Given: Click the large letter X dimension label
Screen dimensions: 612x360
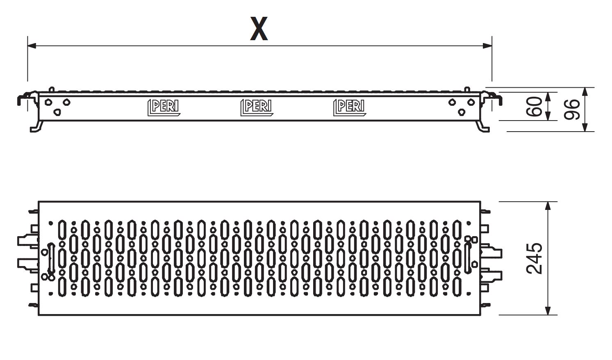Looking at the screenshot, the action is tap(259, 29).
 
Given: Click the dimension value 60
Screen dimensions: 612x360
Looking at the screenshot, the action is tap(534, 106).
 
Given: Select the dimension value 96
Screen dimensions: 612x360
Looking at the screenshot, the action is tap(571, 109).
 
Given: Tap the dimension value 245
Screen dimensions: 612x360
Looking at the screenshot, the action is tap(534, 258).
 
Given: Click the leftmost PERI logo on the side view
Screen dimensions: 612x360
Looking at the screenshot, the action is tap(164, 108).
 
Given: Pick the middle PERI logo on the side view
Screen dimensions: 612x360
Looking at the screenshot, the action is tap(257, 108).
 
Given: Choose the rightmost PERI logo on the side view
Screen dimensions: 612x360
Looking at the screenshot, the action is tap(349, 108).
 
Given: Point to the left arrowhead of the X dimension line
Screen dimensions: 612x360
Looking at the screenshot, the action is tap(32, 46).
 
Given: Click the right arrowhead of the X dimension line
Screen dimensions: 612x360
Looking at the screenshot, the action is tap(487, 46).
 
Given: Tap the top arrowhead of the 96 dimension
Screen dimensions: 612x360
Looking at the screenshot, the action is tap(585, 92).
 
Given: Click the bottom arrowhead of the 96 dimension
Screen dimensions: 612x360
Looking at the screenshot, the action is tap(585, 127).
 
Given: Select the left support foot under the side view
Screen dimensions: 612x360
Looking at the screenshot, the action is tap(36, 127).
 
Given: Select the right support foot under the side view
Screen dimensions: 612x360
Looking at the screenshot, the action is tap(483, 127).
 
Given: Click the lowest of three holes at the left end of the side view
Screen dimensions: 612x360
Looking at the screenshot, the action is tap(57, 112).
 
